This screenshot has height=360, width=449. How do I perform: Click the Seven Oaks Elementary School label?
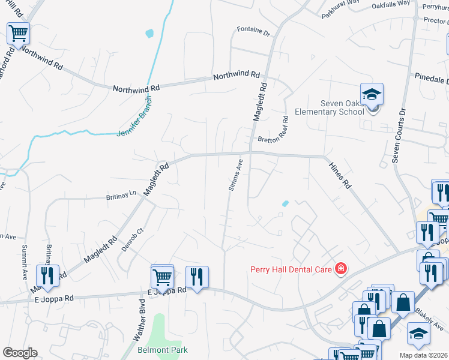pos(330,107)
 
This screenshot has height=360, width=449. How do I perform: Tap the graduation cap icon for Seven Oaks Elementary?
pos(372,95)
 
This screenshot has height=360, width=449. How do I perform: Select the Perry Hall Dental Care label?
pos(291,269)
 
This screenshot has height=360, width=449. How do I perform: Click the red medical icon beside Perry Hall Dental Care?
pos(341,269)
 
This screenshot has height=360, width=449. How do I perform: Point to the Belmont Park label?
pos(163,350)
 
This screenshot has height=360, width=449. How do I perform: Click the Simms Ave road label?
pos(235,175)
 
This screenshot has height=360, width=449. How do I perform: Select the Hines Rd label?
pos(339,174)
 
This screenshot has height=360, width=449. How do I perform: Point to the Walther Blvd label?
pos(143,314)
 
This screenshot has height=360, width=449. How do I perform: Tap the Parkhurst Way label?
pos(340,7)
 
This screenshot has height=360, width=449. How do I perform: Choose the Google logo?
pos(19,352)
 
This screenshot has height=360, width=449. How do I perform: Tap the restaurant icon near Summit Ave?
pos(47,275)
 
